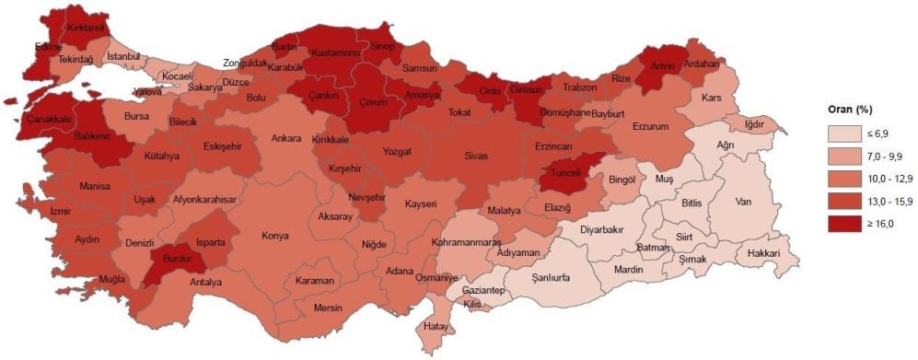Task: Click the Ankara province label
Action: coord(285,139)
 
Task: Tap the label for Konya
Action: coord(274,236)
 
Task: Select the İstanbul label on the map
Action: coord(123,57)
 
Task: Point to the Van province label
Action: coord(744,202)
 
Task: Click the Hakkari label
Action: coord(763,252)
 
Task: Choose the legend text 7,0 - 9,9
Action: coord(882,157)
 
